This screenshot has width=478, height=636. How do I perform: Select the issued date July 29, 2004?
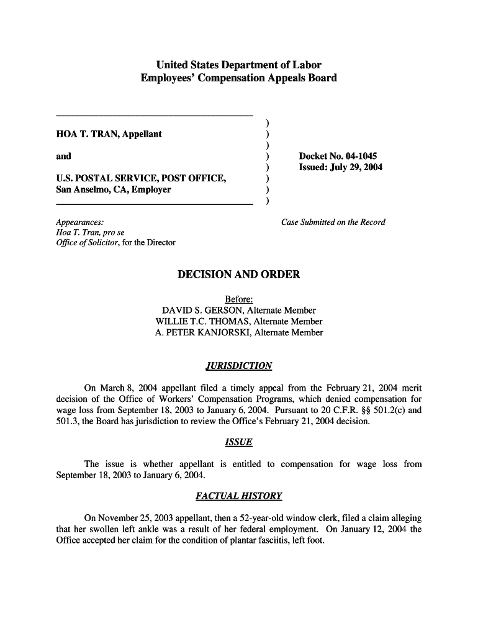pyautogui.click(x=356, y=168)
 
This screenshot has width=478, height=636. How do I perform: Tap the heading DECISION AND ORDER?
pyautogui.click(x=239, y=274)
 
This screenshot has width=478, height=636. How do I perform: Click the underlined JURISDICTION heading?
pyautogui.click(x=239, y=366)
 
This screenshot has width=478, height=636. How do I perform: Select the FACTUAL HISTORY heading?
pyautogui.click(x=239, y=496)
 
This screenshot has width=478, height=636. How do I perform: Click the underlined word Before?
pyautogui.click(x=239, y=299)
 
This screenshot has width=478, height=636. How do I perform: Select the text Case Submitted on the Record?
pyautogui.click(x=333, y=222)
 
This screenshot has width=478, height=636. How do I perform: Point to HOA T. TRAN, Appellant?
pyautogui.click(x=109, y=134)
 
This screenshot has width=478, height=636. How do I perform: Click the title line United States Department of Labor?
pyautogui.click(x=239, y=65)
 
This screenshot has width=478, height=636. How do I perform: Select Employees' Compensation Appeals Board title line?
pyautogui.click(x=239, y=78)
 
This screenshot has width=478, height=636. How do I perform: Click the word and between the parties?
pyautogui.click(x=63, y=157)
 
